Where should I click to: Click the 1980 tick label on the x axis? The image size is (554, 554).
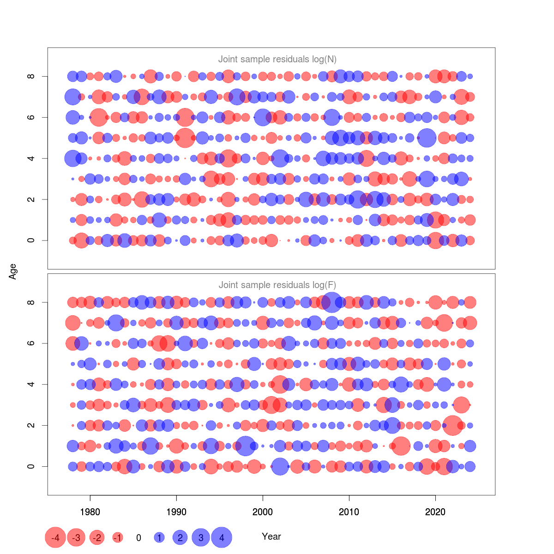[90, 512]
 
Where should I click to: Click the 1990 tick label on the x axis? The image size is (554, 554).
[176, 512]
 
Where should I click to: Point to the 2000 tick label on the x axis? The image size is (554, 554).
[263, 512]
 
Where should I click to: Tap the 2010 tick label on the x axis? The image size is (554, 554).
[349, 512]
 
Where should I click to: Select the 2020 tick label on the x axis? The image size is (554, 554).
[435, 512]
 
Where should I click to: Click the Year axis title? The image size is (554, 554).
[271, 536]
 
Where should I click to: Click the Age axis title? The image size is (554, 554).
[13, 271]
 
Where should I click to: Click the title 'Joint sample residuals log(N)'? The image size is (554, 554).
[277, 59]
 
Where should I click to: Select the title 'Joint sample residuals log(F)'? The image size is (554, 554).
[277, 285]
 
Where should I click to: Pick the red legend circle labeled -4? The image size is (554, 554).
[55, 537]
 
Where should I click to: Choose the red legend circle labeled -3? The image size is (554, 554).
[76, 537]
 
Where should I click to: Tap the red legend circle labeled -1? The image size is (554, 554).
[118, 537]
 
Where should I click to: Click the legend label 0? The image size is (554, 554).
[138, 537]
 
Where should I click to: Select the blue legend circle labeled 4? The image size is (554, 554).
[222, 537]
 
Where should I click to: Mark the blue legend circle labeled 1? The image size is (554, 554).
[159, 537]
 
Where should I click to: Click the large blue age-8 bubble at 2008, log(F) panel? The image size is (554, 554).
[332, 302]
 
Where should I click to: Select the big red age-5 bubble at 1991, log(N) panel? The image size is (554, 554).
[185, 138]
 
